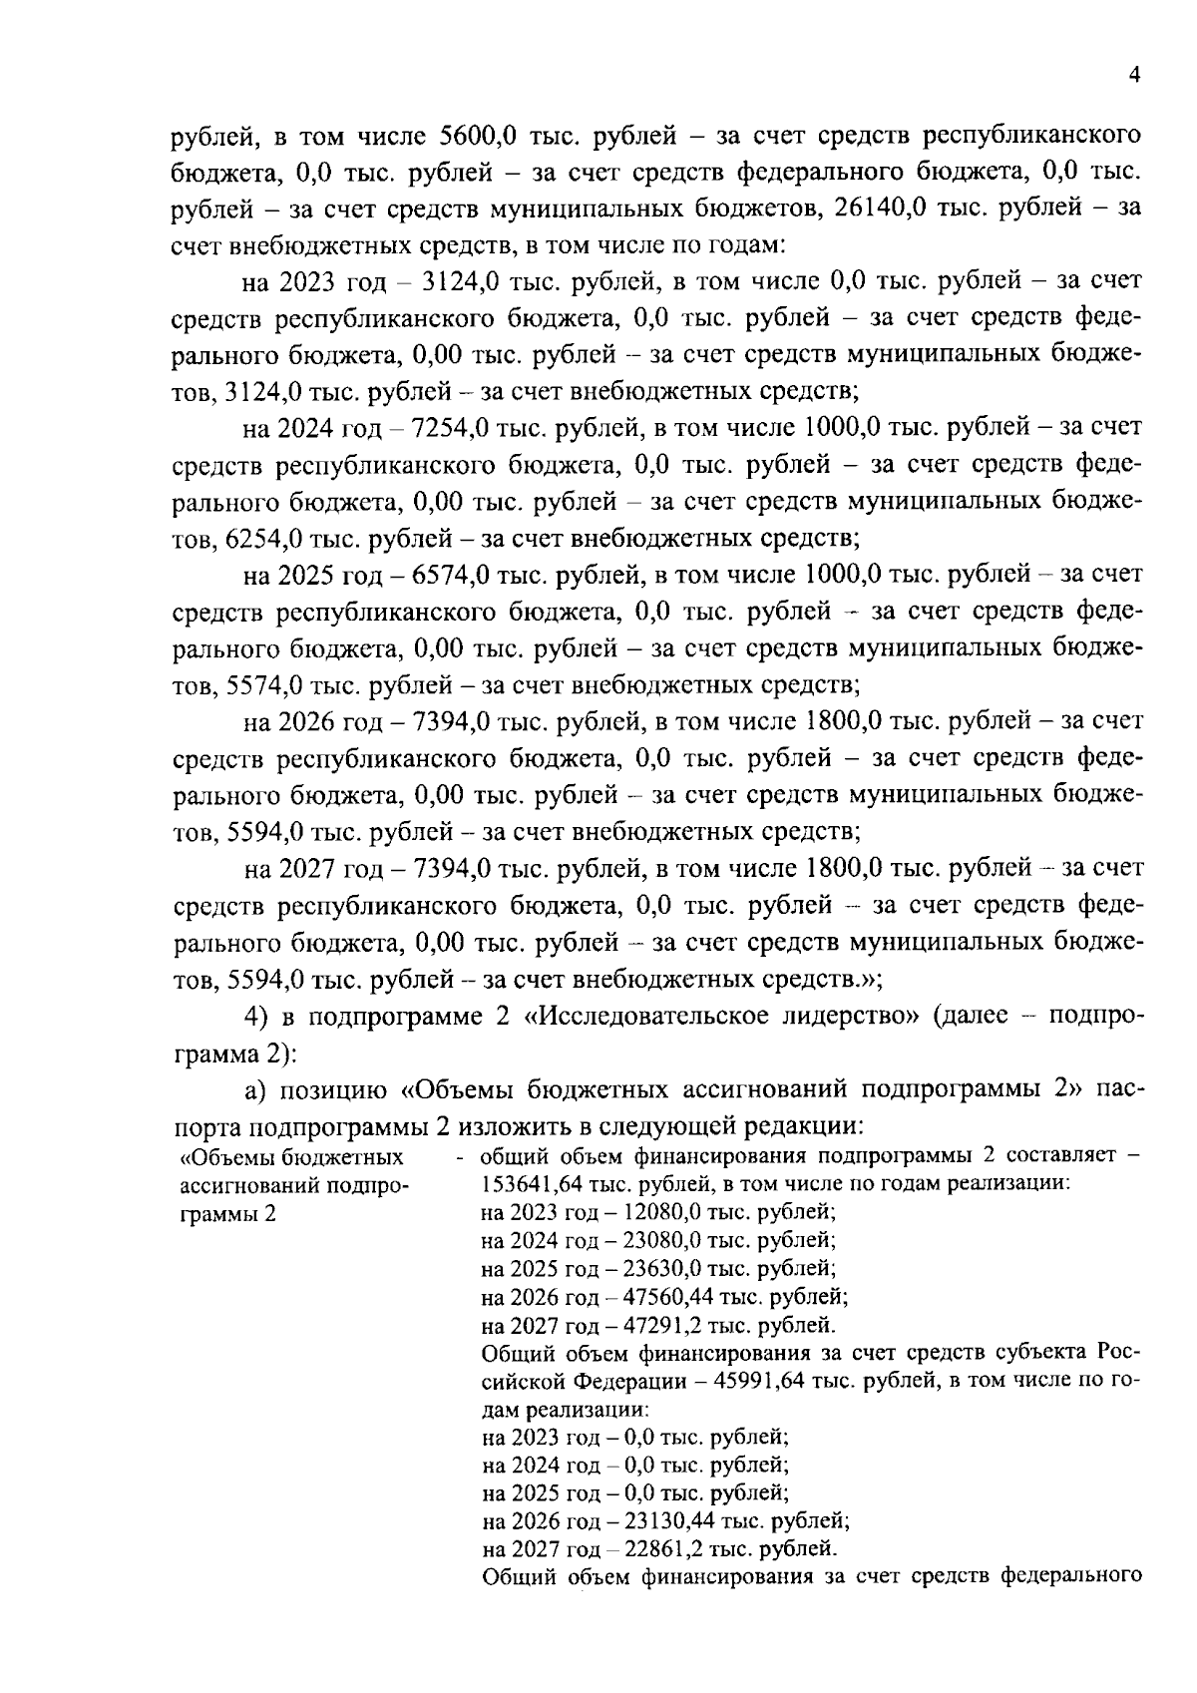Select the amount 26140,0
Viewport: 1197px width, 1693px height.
pyautogui.click(x=881, y=209)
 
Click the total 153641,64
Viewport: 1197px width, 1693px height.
pyautogui.click(x=522, y=1184)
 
